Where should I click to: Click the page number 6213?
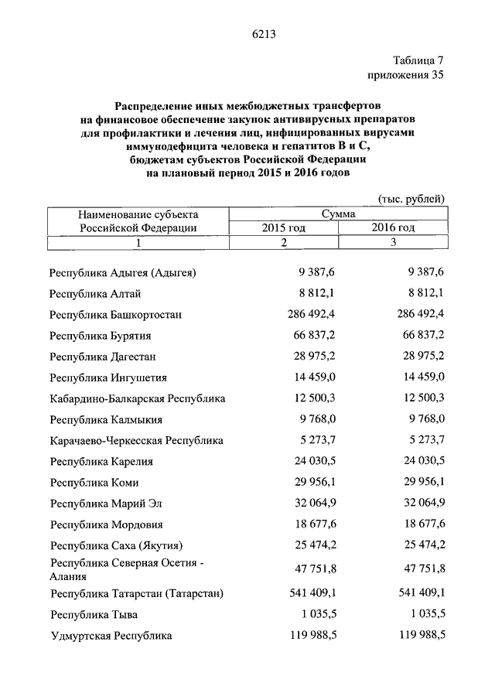pos(264,33)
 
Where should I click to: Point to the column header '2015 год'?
pos(283,227)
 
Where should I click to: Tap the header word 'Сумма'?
pos(338,213)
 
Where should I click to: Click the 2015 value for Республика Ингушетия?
pos(314,378)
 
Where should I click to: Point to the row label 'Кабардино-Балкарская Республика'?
pos(137,399)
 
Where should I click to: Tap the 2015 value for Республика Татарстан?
pos(311,594)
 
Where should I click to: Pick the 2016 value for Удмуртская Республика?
pos(421,636)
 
